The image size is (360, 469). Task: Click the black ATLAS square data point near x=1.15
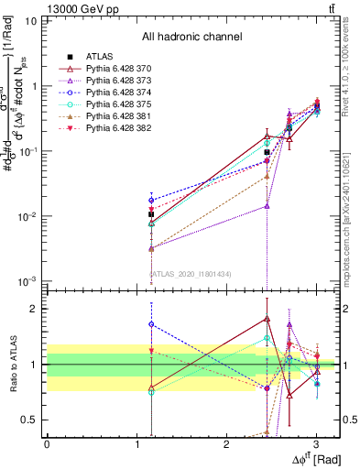tap(151, 214)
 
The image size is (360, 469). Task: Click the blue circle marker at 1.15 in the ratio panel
tap(151, 323)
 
